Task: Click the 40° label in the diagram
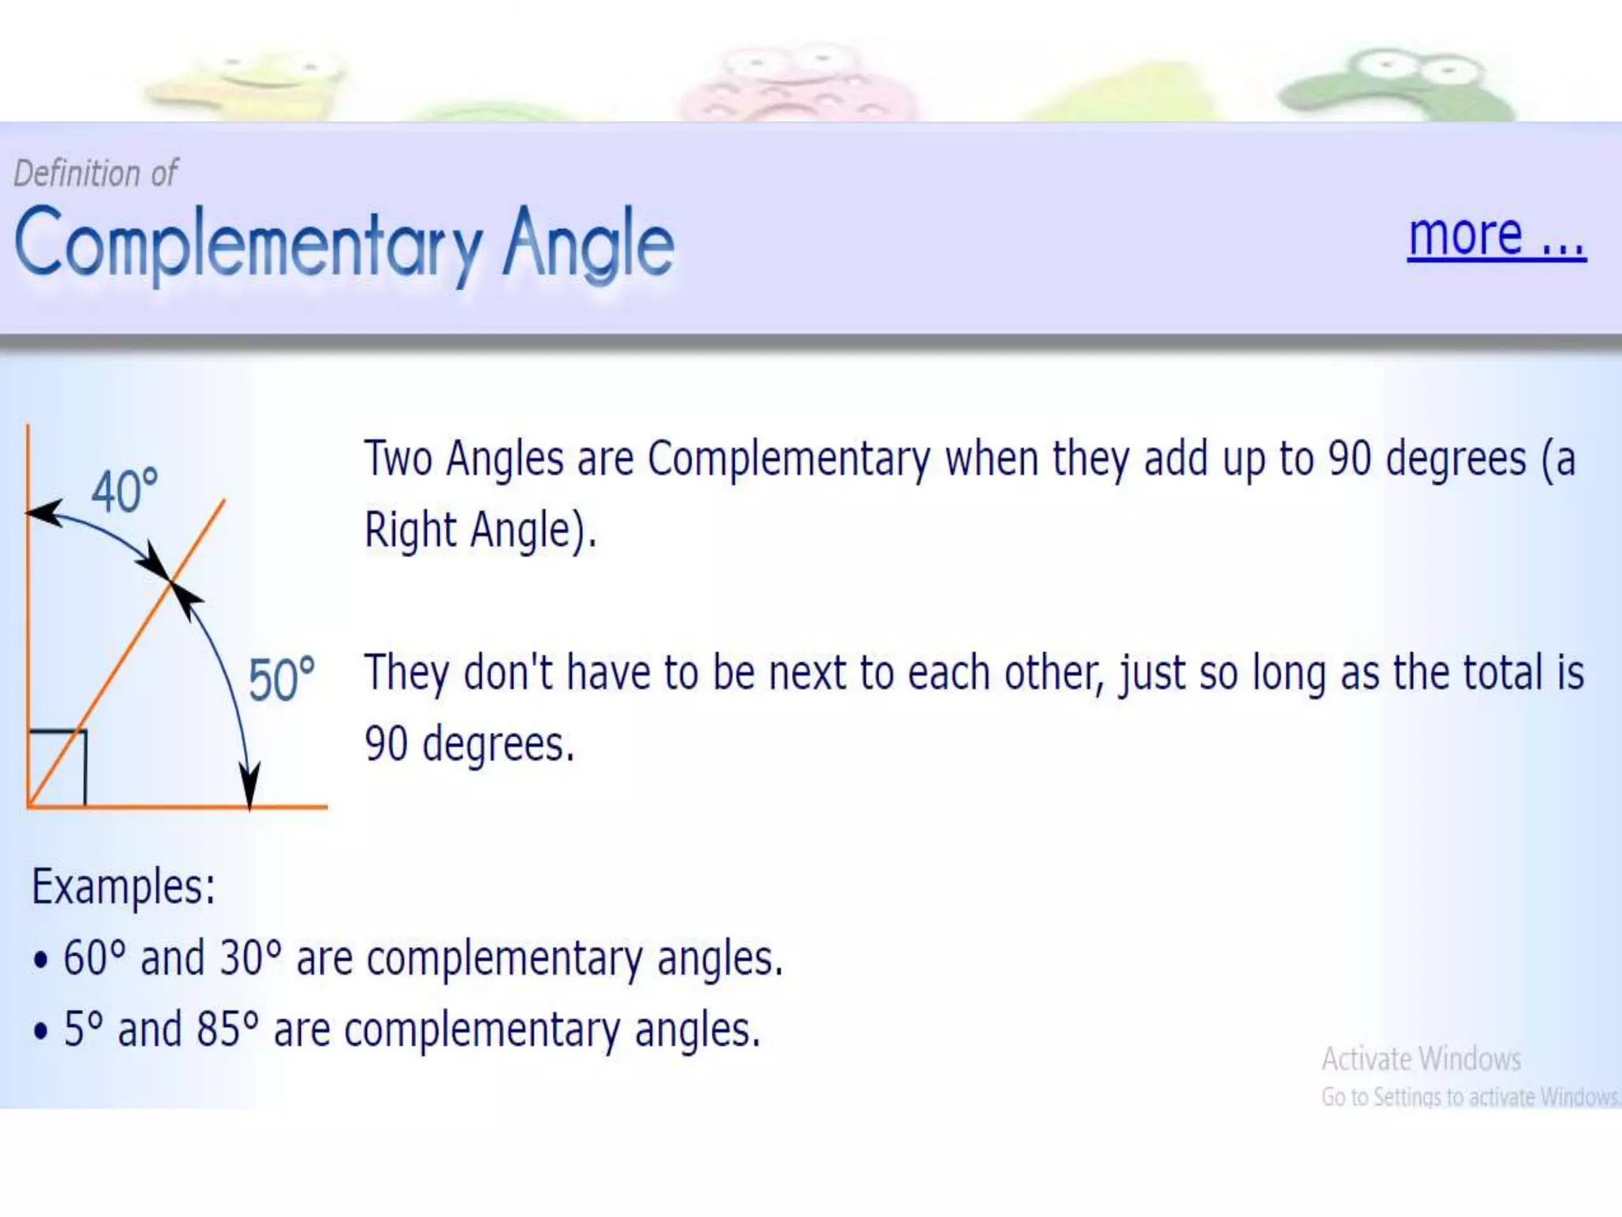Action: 124,491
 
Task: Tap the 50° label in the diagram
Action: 281,680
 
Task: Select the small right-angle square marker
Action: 57,766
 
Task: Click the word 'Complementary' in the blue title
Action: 248,244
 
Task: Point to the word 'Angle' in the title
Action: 588,244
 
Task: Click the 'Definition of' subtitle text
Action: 96,174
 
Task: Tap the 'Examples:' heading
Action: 123,886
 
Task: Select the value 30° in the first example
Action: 250,957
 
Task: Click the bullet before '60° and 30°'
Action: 41,960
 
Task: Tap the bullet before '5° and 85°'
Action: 41,1032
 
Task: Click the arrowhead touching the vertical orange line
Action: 44,513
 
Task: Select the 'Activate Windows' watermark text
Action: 1421,1059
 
